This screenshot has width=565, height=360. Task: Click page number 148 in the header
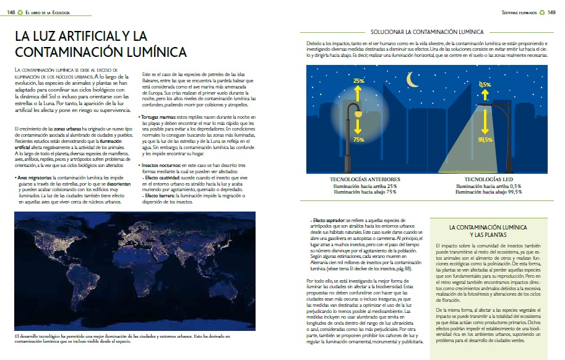coord(11,11)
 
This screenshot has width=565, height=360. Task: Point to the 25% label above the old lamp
coord(359,80)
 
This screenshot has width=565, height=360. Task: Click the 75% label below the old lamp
coord(359,140)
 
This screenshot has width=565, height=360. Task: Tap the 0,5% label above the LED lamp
coord(485,84)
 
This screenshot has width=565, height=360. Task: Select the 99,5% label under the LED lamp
coord(485,140)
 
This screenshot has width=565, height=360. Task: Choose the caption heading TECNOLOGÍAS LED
coord(488,179)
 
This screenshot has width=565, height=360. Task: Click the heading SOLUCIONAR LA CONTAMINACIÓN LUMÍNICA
coord(426,30)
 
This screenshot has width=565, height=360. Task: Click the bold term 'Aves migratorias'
coord(34,177)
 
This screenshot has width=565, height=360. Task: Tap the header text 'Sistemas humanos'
coord(519,11)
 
